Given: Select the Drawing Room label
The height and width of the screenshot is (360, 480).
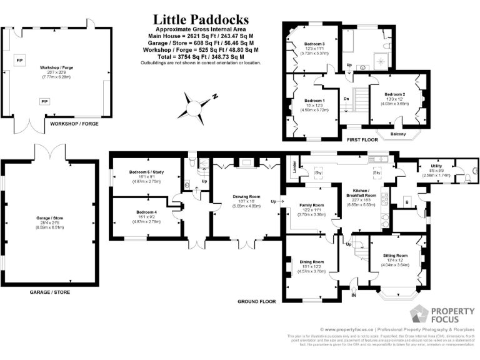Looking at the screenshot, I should pos(246,197).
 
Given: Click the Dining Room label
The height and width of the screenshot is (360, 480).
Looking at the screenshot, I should pos(311,261).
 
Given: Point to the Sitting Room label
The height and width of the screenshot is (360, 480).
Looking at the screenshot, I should pos(395,255).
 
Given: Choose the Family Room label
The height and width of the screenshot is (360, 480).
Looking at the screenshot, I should pos(311,206).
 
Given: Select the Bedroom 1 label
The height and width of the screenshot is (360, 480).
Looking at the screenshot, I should pos(314,100).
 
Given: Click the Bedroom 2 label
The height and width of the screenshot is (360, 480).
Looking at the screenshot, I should pos(395,94).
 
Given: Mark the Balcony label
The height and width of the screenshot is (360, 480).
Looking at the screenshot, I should pos(397,134).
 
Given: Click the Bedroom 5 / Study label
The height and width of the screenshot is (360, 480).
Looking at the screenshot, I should pos(147,172).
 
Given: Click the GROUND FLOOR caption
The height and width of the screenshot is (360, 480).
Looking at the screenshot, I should pos(256,301).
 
